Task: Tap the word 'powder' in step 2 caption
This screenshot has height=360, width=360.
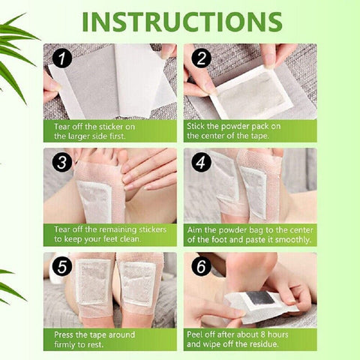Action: (x=235, y=126)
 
